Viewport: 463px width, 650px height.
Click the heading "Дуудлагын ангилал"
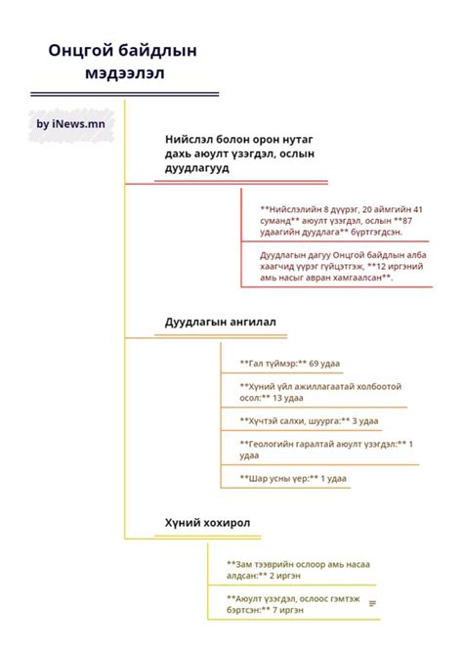click(221, 322)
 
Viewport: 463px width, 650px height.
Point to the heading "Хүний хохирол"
click(207, 523)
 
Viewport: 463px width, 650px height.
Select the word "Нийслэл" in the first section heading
click(195, 139)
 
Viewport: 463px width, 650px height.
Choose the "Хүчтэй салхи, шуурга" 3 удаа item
click(309, 420)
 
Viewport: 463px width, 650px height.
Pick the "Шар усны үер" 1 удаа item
click(293, 478)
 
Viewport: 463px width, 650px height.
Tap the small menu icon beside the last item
click(372, 602)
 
